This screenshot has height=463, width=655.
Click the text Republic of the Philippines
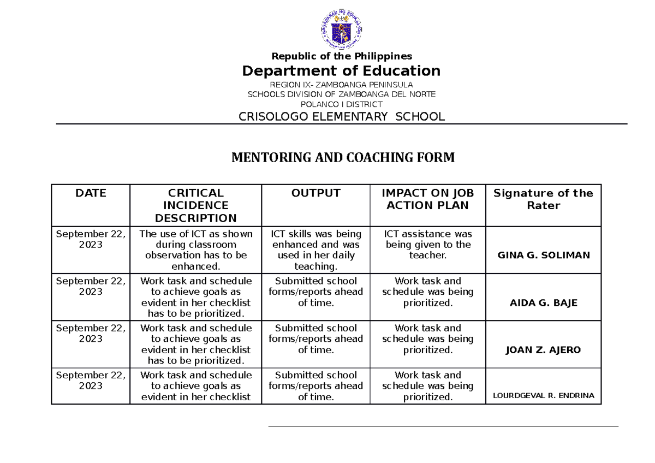pos(342,56)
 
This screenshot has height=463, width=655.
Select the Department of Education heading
pos(342,71)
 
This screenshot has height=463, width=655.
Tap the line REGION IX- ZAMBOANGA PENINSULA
pos(342,85)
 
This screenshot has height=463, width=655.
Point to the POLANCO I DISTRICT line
pos(342,104)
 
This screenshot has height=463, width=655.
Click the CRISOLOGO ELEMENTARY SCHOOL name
pos(342,116)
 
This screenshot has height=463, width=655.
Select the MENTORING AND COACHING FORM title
pos(343,158)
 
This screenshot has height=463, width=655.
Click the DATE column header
pos(91,193)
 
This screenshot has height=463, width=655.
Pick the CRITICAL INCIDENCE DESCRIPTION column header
pos(195,205)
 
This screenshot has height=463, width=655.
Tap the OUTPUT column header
pos(315,193)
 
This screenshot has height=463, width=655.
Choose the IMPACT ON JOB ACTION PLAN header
pos(427,199)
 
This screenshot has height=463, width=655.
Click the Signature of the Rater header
pos(543,199)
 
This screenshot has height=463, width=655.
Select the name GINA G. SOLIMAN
pos(543,255)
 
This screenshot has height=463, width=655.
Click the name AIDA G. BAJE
pos(543,303)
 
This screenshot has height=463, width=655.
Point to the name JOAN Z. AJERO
pos(543,350)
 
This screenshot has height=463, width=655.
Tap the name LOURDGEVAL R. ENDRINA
pos(543,396)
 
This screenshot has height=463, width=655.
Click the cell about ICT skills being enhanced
pos(315,250)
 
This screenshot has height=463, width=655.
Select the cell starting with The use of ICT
pos(195,250)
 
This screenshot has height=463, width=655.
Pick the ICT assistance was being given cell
pos(427,245)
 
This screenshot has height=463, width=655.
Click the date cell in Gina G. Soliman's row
pos(91,239)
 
